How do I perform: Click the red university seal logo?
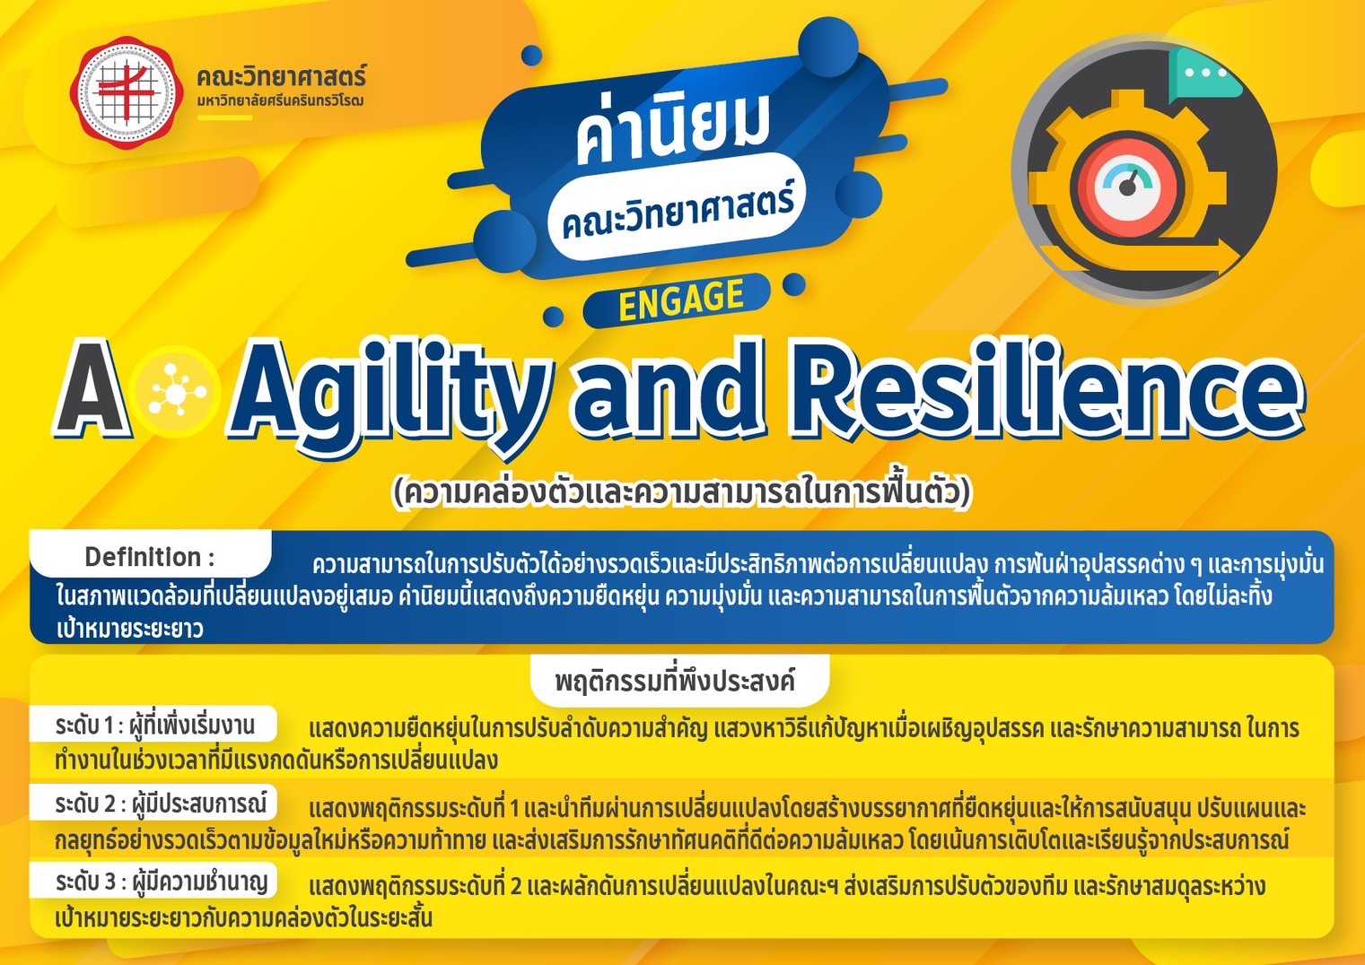pos(127,92)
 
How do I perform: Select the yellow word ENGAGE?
pos(680,299)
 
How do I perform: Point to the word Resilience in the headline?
pos(1046,389)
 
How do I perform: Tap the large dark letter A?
pos(92,389)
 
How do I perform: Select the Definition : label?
pos(150,557)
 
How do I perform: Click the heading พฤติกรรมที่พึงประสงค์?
pos(675,682)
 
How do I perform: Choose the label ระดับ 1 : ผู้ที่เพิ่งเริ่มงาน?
pos(154,726)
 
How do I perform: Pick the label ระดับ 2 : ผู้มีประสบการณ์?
pos(161,804)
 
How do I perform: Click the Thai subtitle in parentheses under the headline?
pos(681,493)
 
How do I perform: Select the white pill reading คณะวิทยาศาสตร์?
pos(677,207)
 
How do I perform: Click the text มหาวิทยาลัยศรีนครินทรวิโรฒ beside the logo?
pos(280,101)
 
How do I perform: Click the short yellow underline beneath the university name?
pos(224,117)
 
